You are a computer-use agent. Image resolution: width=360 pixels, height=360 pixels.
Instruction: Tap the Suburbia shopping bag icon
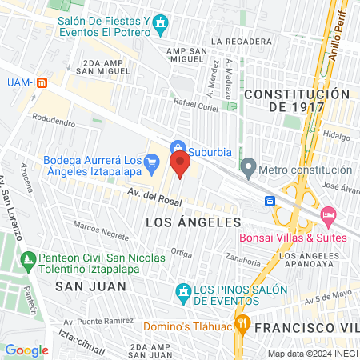pos(178,147)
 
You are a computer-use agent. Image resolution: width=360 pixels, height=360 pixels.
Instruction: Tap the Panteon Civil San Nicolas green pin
pos(28,259)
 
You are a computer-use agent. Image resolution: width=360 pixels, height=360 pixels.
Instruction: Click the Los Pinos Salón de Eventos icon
pos(183,290)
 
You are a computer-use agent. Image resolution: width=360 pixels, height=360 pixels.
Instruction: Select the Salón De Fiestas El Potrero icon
pos(162,22)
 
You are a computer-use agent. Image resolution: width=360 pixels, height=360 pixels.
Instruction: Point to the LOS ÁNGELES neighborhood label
pos(192,221)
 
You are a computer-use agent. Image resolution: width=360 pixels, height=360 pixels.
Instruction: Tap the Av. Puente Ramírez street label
pos(95,322)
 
